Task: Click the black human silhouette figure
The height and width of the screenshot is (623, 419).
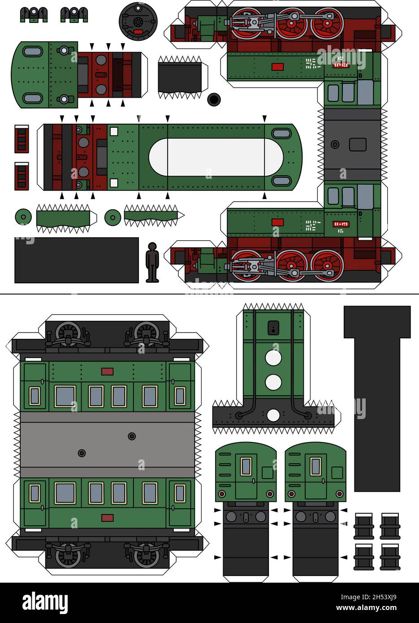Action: point(152,263)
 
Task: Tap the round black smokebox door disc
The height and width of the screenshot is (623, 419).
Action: point(138,21)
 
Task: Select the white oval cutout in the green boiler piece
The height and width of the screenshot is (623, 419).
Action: point(216,157)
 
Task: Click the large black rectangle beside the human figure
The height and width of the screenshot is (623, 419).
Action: point(77,260)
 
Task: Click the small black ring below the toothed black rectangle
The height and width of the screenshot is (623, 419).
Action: point(214,99)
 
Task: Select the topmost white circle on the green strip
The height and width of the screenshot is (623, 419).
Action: point(273,359)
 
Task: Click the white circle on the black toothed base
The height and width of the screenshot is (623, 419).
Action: point(273,415)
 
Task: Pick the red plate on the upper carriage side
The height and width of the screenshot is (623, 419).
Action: point(107,371)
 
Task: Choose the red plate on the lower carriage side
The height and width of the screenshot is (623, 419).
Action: point(107,518)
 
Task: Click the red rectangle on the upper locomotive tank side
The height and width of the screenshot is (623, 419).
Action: point(278,67)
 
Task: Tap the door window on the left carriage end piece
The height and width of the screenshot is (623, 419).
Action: point(245,466)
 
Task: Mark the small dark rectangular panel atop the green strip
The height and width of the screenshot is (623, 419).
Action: point(273,328)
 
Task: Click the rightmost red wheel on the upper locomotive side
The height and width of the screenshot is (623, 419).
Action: point(327,23)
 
